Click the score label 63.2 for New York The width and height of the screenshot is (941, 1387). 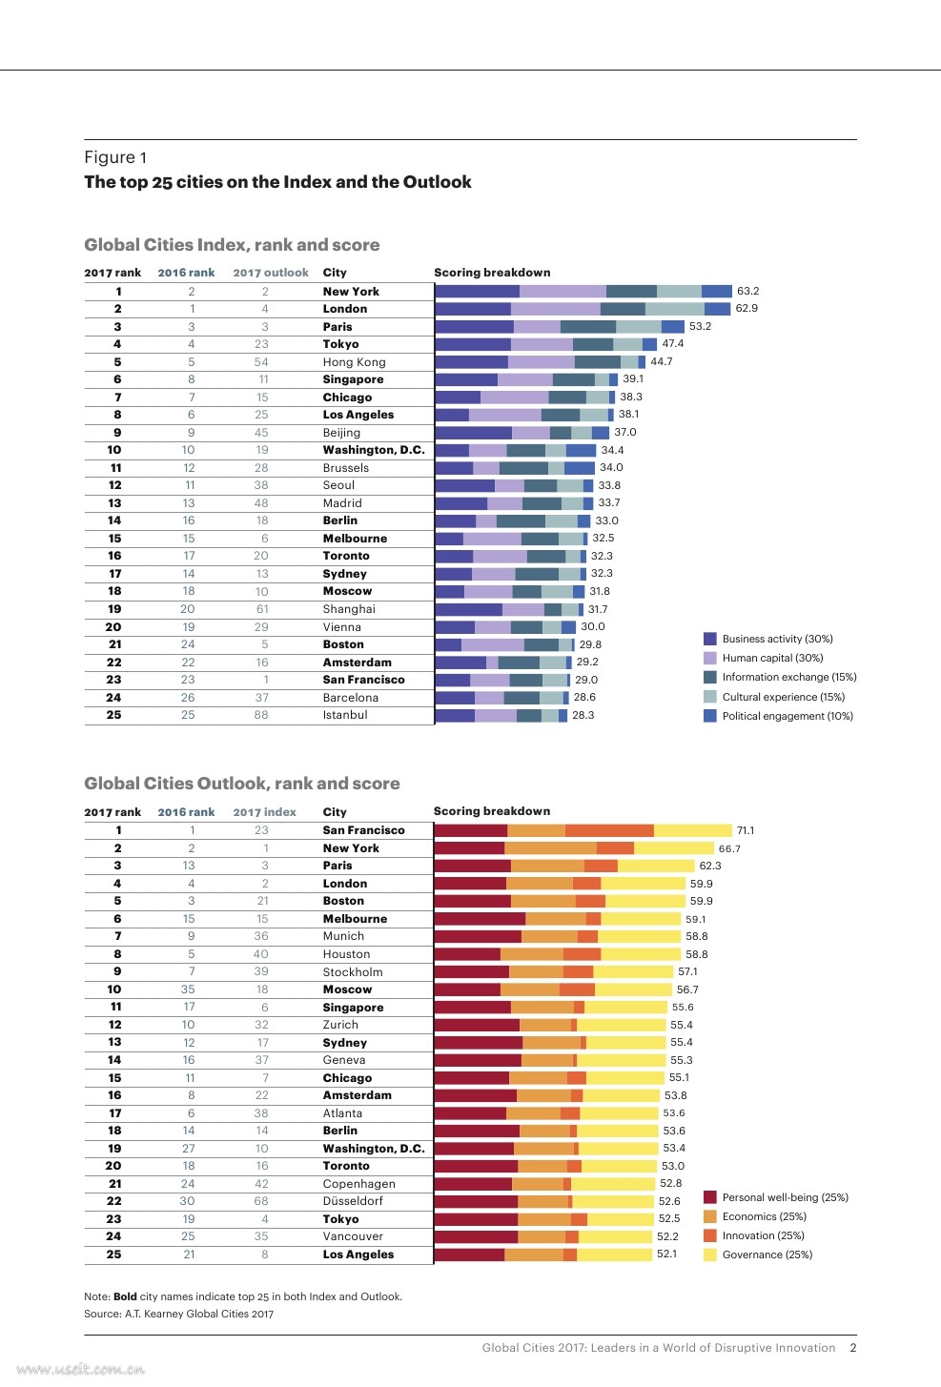747,291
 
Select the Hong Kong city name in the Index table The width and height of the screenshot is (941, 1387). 354,362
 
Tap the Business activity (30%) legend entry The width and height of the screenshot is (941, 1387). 776,639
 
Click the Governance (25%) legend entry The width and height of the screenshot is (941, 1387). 767,1254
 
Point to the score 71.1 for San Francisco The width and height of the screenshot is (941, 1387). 745,830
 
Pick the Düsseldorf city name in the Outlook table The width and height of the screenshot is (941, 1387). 353,1201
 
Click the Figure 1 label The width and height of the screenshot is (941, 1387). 115,157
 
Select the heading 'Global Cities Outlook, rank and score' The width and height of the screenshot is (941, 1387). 242,784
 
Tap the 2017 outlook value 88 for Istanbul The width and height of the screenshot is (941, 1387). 261,715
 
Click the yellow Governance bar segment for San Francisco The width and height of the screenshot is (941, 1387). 693,830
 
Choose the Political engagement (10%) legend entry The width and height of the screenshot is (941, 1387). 787,716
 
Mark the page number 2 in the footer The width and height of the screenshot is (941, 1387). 853,1348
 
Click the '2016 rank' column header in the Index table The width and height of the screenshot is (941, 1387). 186,273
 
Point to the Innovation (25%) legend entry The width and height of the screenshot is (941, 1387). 763,1235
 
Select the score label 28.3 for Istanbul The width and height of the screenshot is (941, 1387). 583,715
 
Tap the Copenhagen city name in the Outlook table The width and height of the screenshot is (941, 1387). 358,1184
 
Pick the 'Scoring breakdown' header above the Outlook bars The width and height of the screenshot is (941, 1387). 492,811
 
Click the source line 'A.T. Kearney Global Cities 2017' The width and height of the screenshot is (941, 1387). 178,1314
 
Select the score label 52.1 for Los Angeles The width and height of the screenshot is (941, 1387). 666,1254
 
